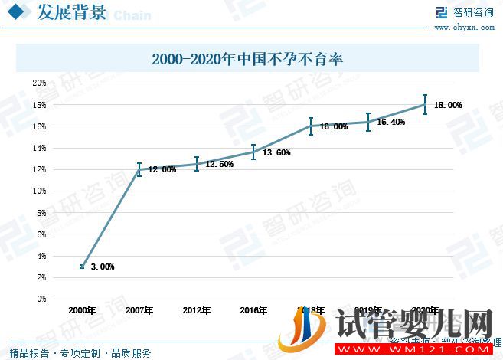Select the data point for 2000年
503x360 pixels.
click(82, 266)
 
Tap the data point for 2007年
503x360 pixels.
click(139, 169)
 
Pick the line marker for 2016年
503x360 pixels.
click(253, 152)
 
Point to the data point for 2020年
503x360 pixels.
click(424, 105)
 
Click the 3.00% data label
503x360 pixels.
click(103, 267)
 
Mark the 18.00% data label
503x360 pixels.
click(448, 106)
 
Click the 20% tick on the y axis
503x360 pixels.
click(39, 83)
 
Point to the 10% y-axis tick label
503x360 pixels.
click(39, 191)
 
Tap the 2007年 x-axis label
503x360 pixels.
click(139, 310)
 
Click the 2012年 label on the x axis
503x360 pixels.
click(197, 310)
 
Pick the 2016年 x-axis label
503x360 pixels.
click(253, 310)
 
